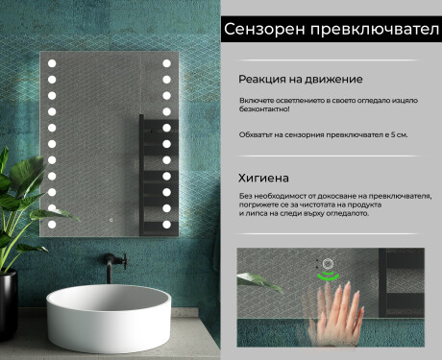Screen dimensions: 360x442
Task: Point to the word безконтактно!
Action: click(264, 110)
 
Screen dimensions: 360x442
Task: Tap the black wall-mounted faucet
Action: click(117, 259)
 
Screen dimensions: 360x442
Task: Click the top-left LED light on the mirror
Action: click(52, 64)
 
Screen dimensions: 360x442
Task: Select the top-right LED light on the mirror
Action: click(166, 64)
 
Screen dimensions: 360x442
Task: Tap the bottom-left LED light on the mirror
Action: click(52, 223)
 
